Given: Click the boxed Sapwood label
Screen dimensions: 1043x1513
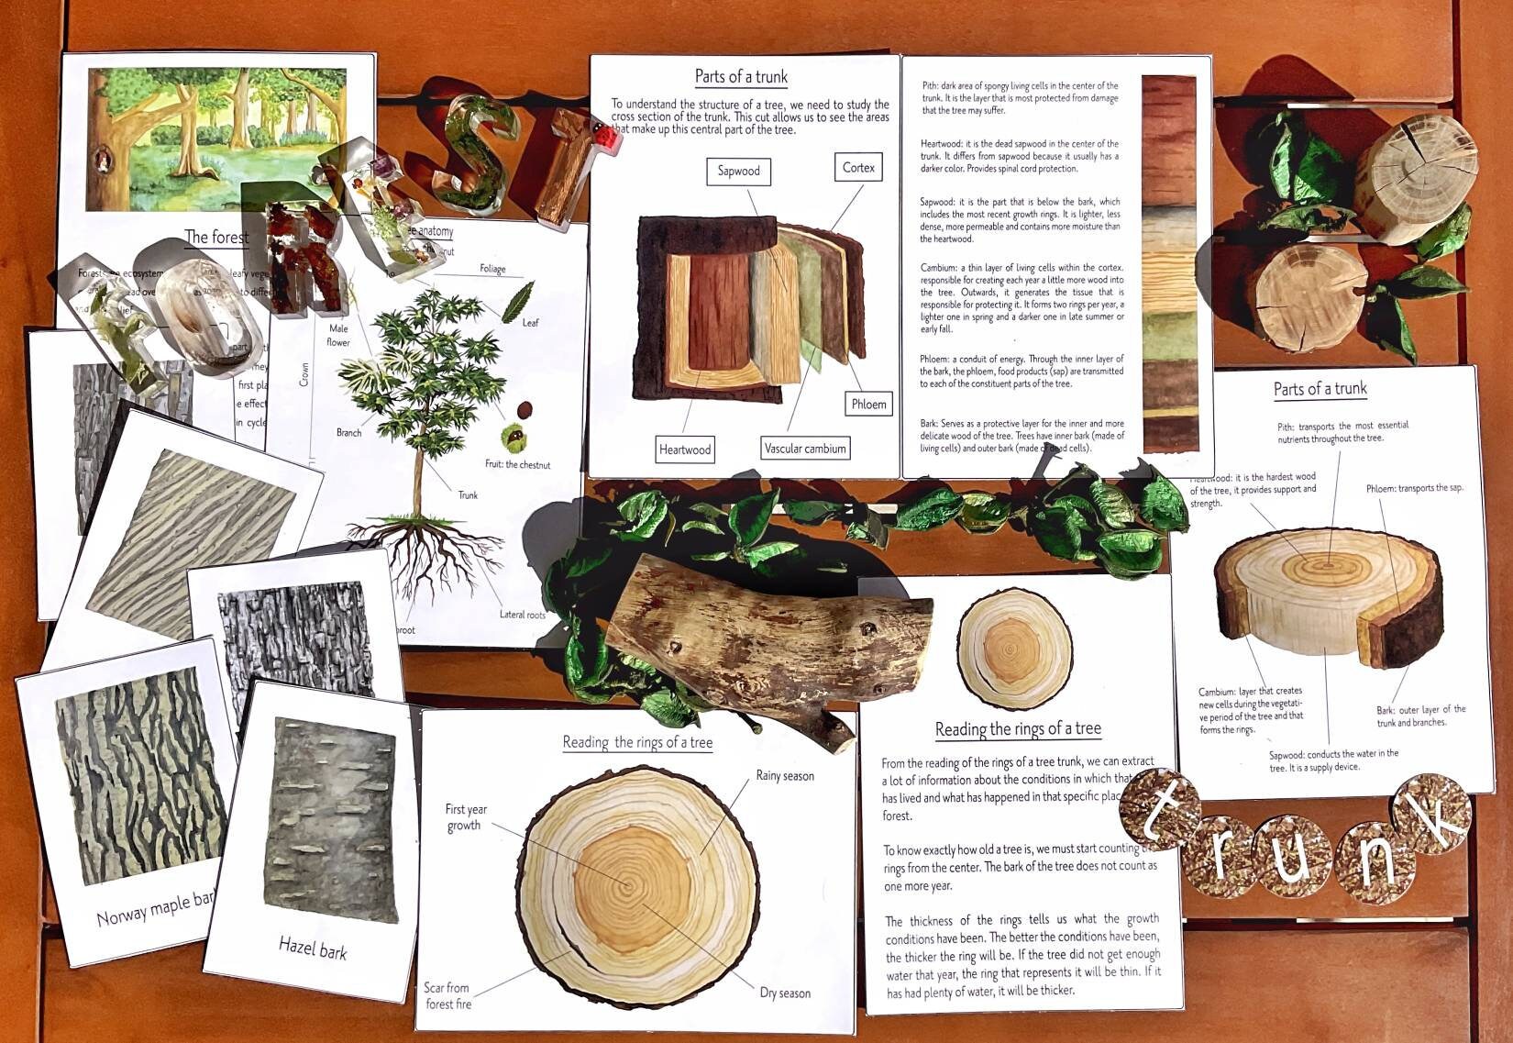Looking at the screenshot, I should click(738, 171).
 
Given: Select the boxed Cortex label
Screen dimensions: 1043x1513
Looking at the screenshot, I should click(858, 167).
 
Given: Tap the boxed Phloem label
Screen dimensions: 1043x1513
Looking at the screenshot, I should click(867, 404).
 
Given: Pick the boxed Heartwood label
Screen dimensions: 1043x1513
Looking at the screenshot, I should click(684, 449).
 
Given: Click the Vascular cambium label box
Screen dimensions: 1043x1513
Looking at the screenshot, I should click(805, 449).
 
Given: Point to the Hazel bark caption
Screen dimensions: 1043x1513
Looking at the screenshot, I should click(313, 948).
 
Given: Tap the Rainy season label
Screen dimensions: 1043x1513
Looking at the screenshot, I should click(785, 776).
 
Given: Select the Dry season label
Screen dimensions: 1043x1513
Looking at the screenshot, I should click(785, 993).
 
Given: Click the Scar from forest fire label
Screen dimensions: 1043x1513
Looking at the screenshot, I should click(447, 995).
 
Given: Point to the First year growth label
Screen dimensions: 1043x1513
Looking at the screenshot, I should click(466, 817).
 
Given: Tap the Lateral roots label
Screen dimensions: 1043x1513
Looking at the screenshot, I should click(522, 615).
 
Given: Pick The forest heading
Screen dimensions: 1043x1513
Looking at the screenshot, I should click(216, 238).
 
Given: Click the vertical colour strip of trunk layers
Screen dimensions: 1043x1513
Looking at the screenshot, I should click(1170, 264).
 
